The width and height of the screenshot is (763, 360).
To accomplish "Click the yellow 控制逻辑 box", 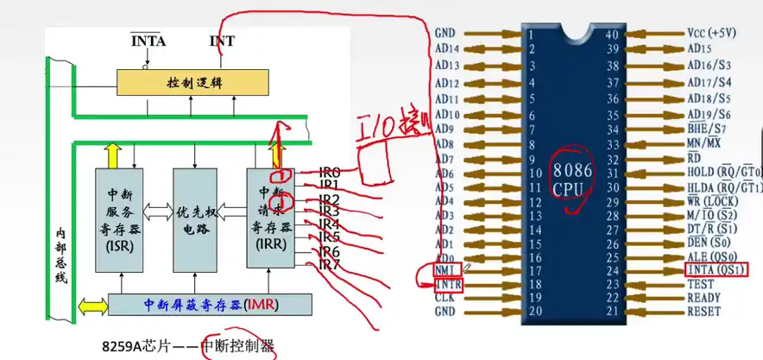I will click(x=194, y=83).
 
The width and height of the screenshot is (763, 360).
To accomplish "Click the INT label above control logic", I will click(x=222, y=41).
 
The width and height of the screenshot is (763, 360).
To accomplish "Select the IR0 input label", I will click(x=329, y=172).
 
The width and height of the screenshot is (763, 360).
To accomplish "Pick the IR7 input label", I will click(x=329, y=264).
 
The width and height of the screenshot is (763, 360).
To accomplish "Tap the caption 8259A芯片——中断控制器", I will click(x=186, y=346).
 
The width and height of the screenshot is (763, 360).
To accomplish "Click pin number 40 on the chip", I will click(x=612, y=35).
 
